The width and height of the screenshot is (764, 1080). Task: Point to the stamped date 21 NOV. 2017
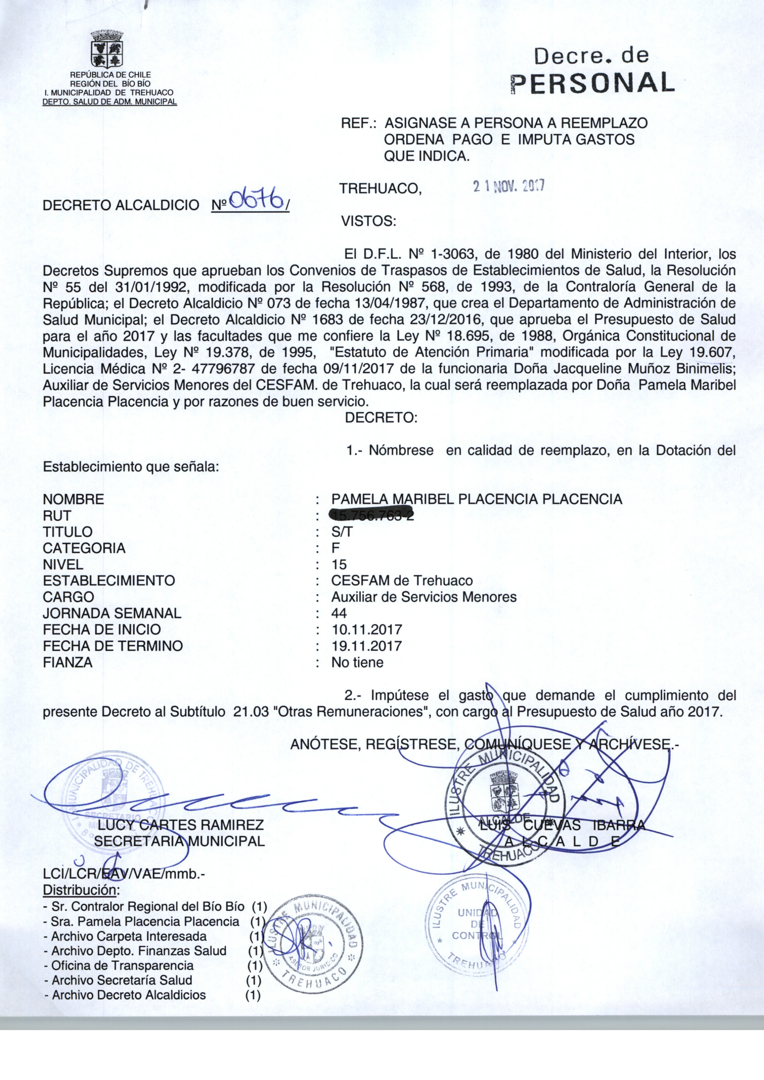tap(509, 187)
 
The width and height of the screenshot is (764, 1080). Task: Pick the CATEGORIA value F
tap(335, 548)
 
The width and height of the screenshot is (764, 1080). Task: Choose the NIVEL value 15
tap(339, 564)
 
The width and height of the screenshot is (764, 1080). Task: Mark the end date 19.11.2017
tap(367, 646)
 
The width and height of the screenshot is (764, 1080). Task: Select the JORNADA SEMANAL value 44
tap(339, 613)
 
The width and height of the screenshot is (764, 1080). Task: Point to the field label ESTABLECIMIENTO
tap(109, 580)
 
